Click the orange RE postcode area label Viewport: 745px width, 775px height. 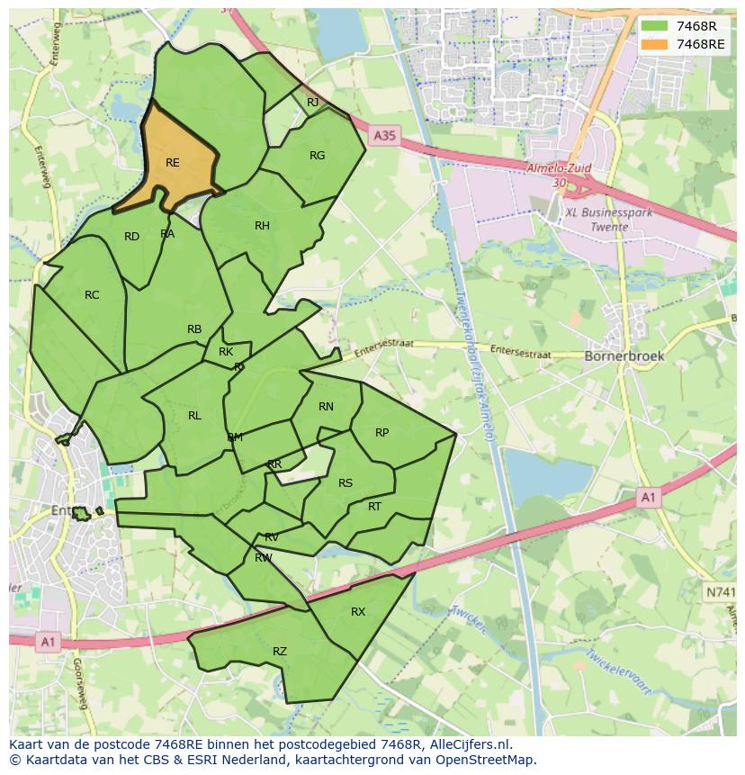coord(173,163)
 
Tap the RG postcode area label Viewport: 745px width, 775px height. coord(317,156)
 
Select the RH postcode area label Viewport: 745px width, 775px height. coord(262,226)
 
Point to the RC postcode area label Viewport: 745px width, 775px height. coord(92,295)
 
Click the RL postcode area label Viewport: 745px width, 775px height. coord(194,416)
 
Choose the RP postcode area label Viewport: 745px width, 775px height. coord(381,433)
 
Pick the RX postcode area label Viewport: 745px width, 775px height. coord(358,612)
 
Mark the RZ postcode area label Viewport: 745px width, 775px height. coord(280,652)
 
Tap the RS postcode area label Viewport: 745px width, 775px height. coord(346,483)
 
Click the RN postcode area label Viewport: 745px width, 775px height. coord(326,407)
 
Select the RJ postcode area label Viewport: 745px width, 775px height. coord(312,103)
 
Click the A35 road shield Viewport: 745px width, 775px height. coord(384,136)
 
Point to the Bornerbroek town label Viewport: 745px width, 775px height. coord(624,356)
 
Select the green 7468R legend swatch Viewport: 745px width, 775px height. coord(654,26)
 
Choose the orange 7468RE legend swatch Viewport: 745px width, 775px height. coord(654,44)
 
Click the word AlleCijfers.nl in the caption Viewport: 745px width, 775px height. coord(468,745)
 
